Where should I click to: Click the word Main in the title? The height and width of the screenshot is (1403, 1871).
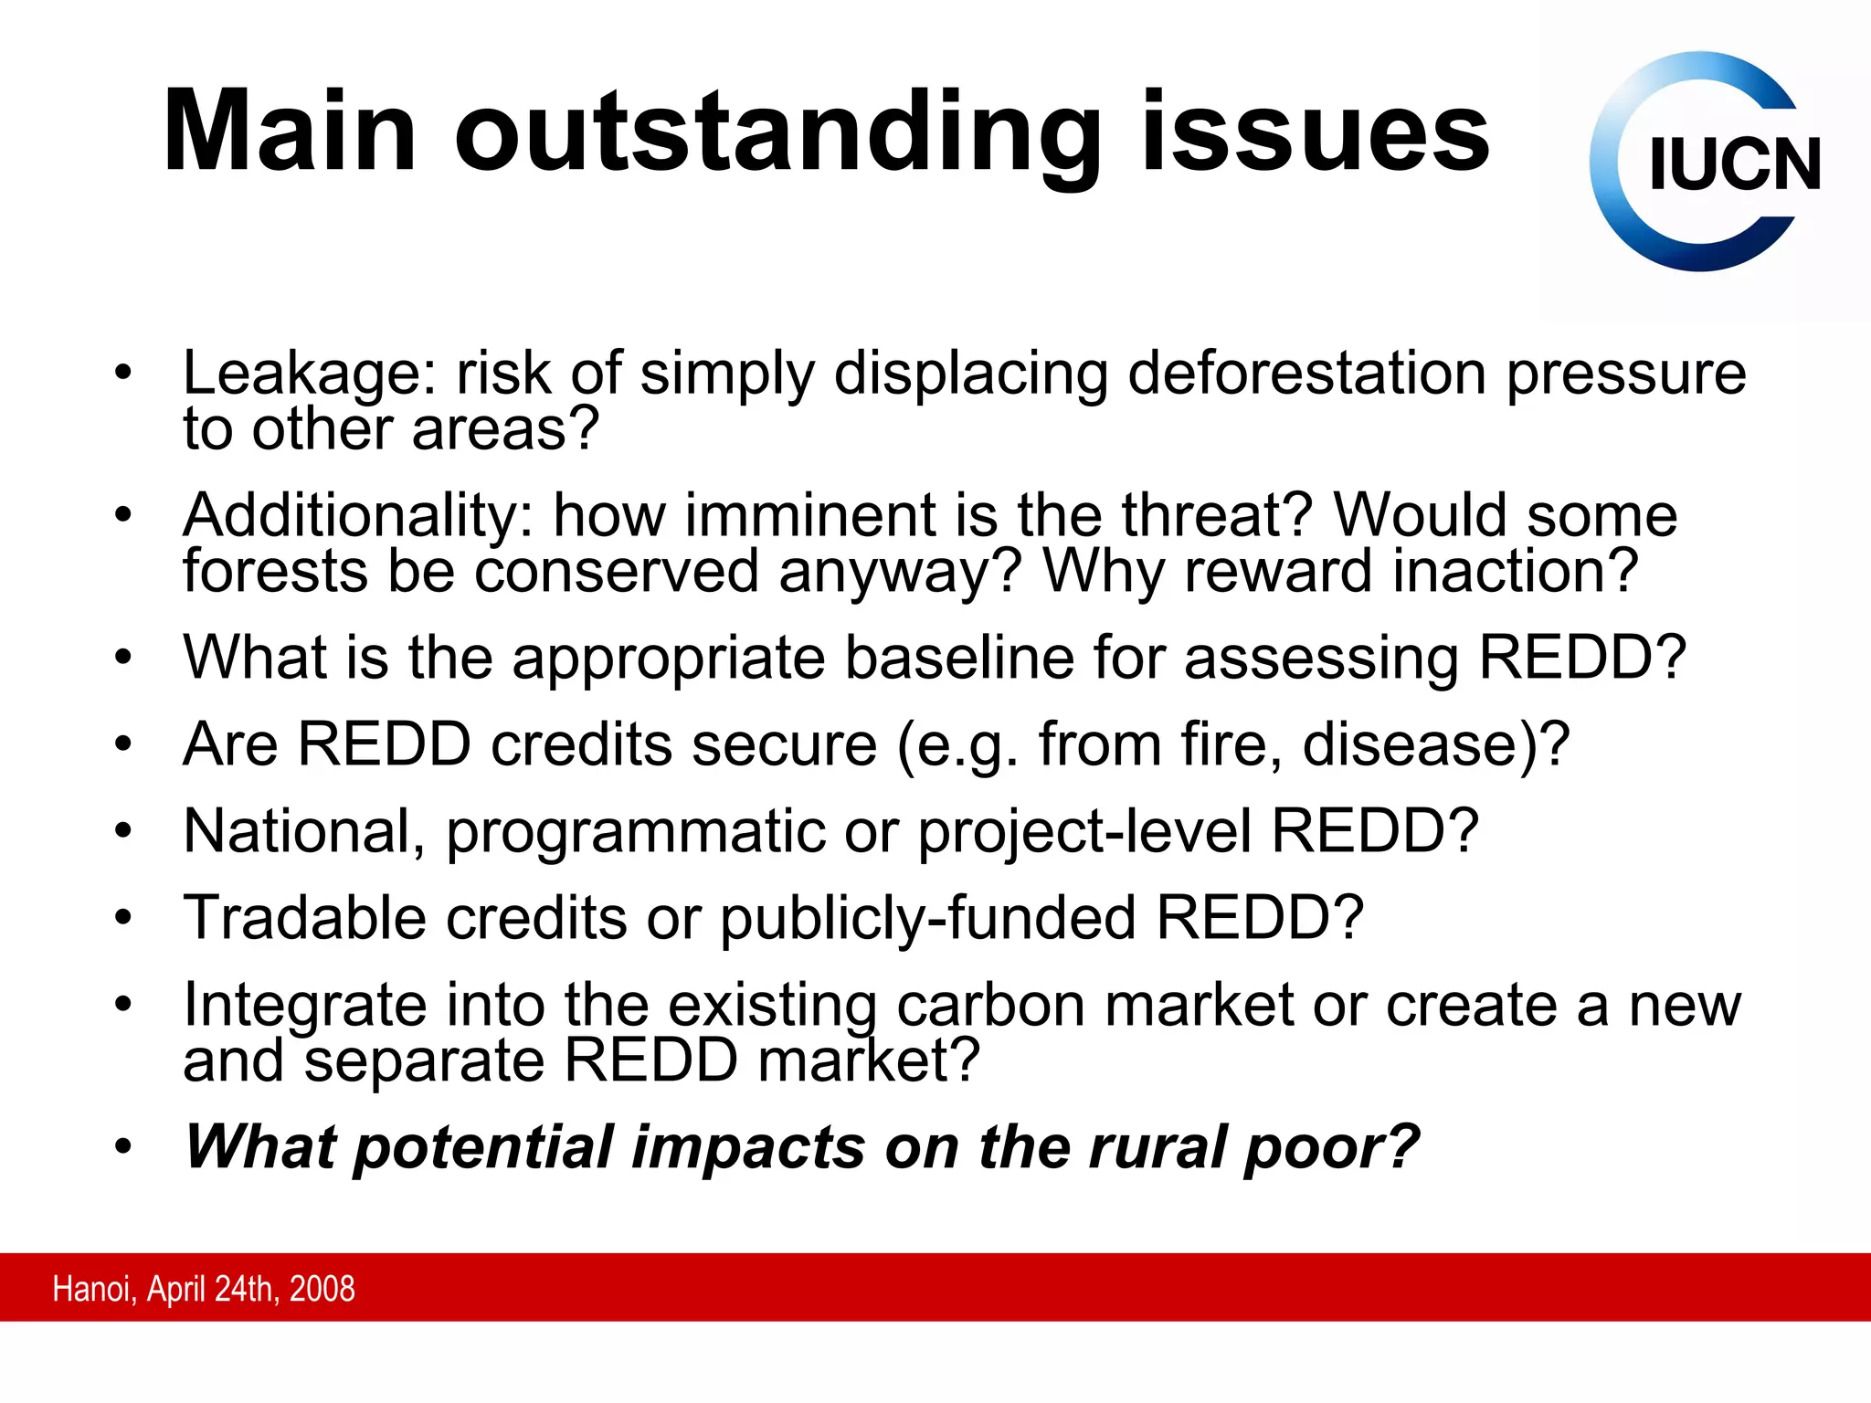pyautogui.click(x=291, y=132)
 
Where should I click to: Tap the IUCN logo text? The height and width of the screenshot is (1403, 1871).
pyautogui.click(x=1734, y=165)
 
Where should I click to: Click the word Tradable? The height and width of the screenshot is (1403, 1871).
pyautogui.click(x=304, y=917)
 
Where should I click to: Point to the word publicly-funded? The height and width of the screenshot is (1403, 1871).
pyautogui.click(x=927, y=919)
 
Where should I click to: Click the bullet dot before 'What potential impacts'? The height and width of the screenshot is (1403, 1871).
pyautogui.click(x=123, y=1146)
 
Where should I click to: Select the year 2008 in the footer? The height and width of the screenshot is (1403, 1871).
pyautogui.click(x=322, y=1289)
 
